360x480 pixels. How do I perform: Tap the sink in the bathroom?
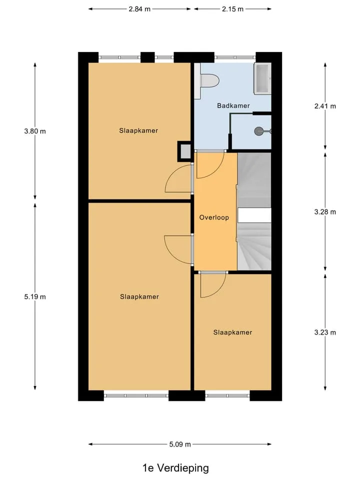[x=262, y=78]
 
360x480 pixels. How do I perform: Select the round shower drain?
[x=258, y=131]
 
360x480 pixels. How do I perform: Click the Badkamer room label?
[x=233, y=105]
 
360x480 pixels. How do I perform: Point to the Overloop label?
[x=214, y=217]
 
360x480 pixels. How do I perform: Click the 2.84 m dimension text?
[x=139, y=9]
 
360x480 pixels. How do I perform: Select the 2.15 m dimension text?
[x=232, y=9]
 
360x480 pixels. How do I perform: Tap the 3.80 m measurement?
[x=35, y=131]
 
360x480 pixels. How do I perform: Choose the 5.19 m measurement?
[x=35, y=296]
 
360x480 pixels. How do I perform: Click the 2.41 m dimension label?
[x=325, y=106]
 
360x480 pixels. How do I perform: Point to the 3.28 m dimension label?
[x=325, y=212]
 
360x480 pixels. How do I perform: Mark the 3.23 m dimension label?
[x=325, y=332]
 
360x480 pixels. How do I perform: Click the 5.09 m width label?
[x=180, y=444]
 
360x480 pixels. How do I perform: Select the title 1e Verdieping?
[x=175, y=468]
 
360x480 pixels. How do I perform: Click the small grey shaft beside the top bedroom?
[x=184, y=151]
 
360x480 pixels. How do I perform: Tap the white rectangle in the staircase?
[x=254, y=215]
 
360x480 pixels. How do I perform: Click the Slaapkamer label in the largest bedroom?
[x=139, y=296]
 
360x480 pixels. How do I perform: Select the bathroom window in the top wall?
[x=235, y=57]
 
